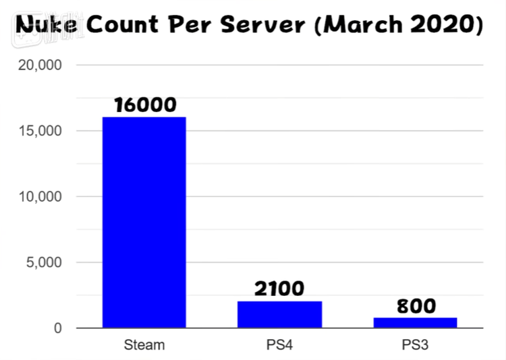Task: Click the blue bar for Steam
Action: pos(144,222)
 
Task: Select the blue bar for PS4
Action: pos(279,314)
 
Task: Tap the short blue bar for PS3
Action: pos(415,322)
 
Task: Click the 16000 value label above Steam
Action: pos(145,104)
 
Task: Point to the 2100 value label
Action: pos(279,289)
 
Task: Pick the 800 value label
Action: pos(416,305)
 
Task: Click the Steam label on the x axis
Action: pos(144,345)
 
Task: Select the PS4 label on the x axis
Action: pos(279,345)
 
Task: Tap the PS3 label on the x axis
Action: pos(415,345)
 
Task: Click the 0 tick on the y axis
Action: pos(59,328)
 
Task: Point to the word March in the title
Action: pos(367,26)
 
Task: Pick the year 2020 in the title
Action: pos(445,26)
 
